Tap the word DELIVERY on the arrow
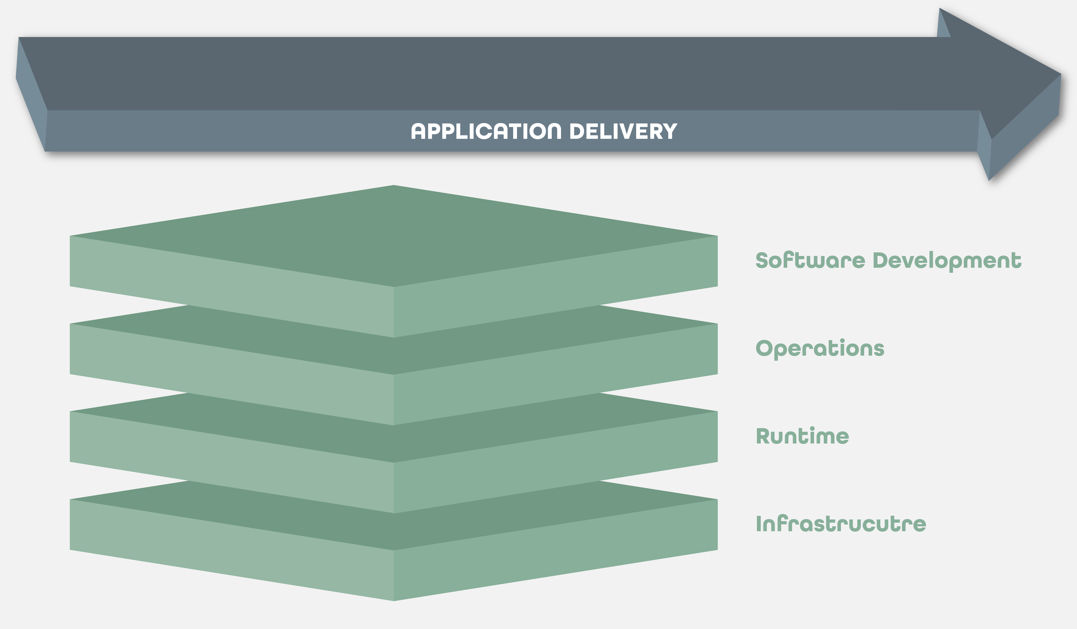pyautogui.click(x=623, y=131)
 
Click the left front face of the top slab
pyautogui.click(x=231, y=287)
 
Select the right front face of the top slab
pyautogui.click(x=556, y=287)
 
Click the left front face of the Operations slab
pyautogui.click(x=231, y=375)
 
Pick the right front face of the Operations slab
pyautogui.click(x=556, y=375)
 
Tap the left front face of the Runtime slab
pyautogui.click(x=231, y=462)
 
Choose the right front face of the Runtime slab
pyautogui.click(x=556, y=462)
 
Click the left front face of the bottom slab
pyautogui.click(x=231, y=550)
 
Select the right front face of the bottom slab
pyautogui.click(x=556, y=550)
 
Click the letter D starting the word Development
pyautogui.click(x=881, y=260)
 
